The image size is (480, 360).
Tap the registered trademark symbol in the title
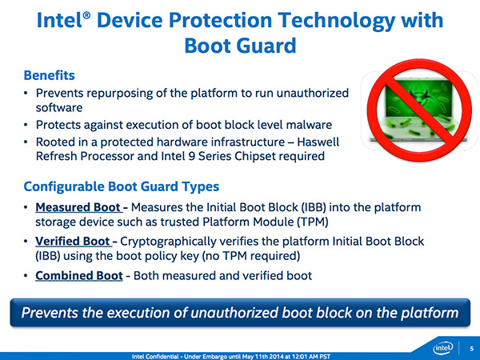[x=87, y=15]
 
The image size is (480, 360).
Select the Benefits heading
[x=50, y=75]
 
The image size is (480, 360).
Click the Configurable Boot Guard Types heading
[x=122, y=186]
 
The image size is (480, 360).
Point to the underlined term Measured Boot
[x=78, y=207]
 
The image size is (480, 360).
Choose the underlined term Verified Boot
[x=73, y=242]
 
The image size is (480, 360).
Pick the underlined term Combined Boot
[x=79, y=275]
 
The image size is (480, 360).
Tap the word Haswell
[x=318, y=142]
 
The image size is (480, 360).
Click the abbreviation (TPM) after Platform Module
[x=312, y=222]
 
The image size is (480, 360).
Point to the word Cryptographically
[x=168, y=242]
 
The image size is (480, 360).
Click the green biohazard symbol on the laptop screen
[x=418, y=96]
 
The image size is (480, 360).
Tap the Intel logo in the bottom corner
[x=443, y=348]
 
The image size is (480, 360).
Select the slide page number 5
[x=472, y=348]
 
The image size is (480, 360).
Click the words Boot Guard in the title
[x=240, y=46]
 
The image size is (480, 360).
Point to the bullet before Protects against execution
[x=26, y=125]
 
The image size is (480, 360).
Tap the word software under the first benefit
[x=59, y=108]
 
